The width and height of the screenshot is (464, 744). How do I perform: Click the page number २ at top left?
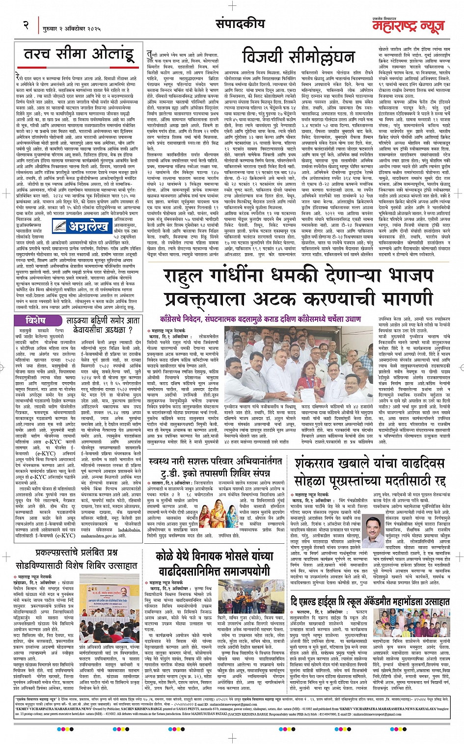[x=26, y=25]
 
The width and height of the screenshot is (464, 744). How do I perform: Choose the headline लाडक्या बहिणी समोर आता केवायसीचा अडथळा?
[x=104, y=325]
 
